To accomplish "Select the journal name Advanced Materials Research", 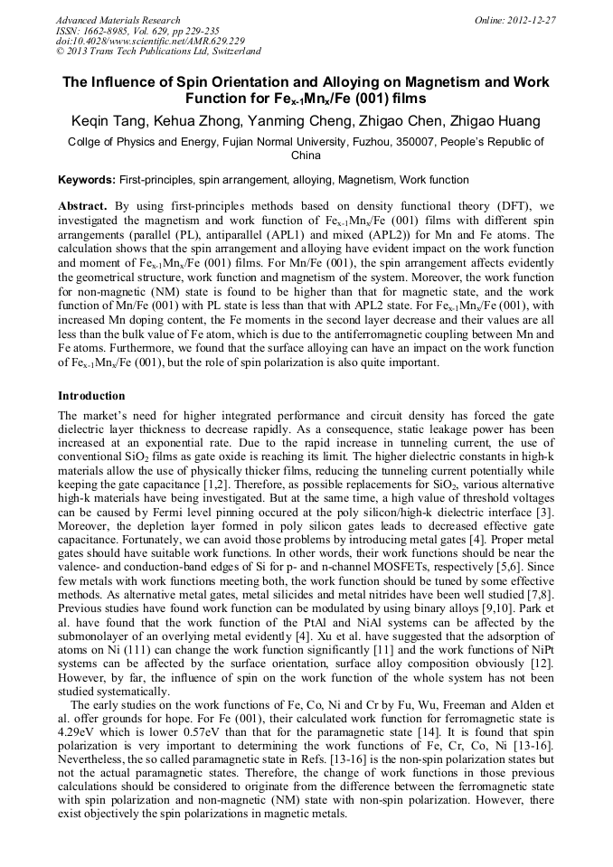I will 118,20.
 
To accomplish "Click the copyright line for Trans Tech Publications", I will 158,52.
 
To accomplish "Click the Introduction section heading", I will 91,396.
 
